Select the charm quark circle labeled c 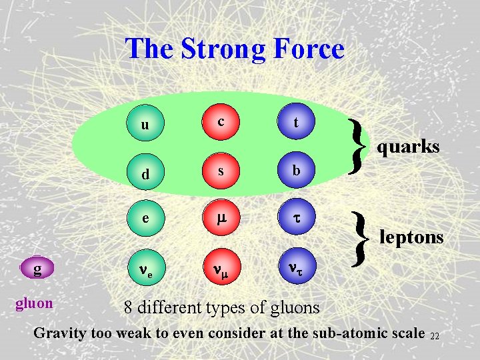pos(220,122)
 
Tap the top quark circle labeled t pos(295,123)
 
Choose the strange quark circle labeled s pos(220,171)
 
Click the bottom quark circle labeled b pos(295,171)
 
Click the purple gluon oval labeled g pos(37,269)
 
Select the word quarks pos(408,146)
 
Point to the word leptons pos(411,236)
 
